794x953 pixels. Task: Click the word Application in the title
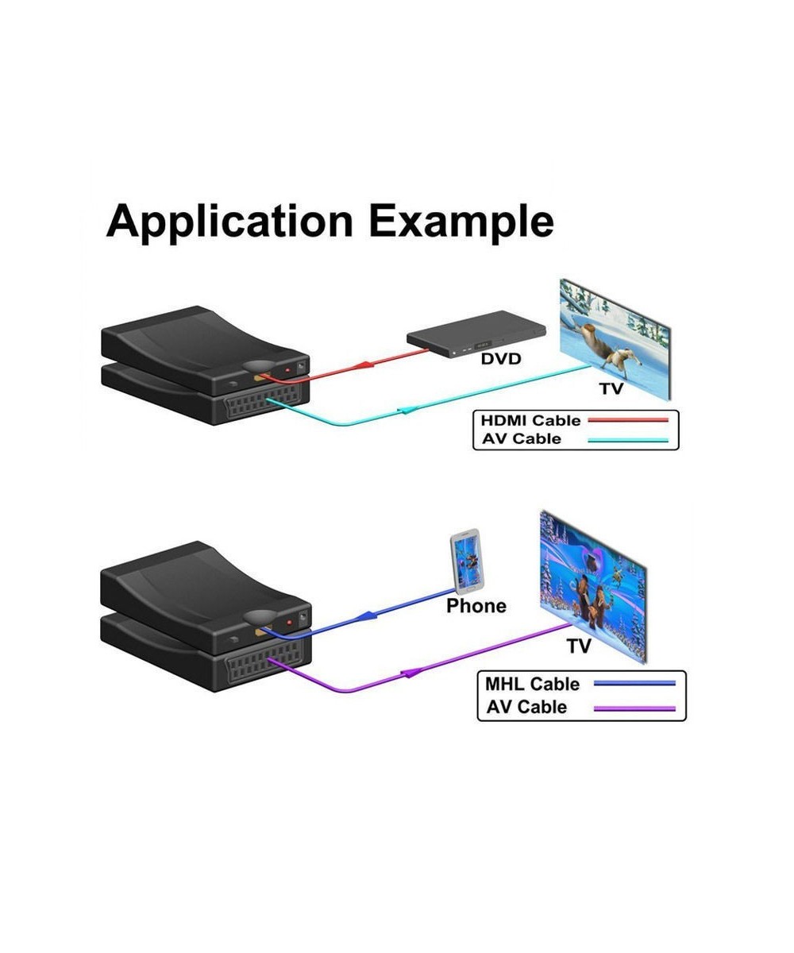coord(229,222)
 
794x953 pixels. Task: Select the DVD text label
coord(501,359)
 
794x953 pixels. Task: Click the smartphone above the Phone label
coord(467,561)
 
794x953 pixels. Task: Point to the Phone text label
coord(476,606)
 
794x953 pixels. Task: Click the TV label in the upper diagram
coord(611,388)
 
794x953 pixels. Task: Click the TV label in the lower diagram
coord(579,646)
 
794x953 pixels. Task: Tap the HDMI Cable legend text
coord(530,420)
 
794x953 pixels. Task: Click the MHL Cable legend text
coord(532,684)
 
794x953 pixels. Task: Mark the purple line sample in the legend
coord(635,708)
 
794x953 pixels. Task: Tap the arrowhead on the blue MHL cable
coord(367,615)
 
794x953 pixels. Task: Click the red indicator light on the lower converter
coord(288,622)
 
